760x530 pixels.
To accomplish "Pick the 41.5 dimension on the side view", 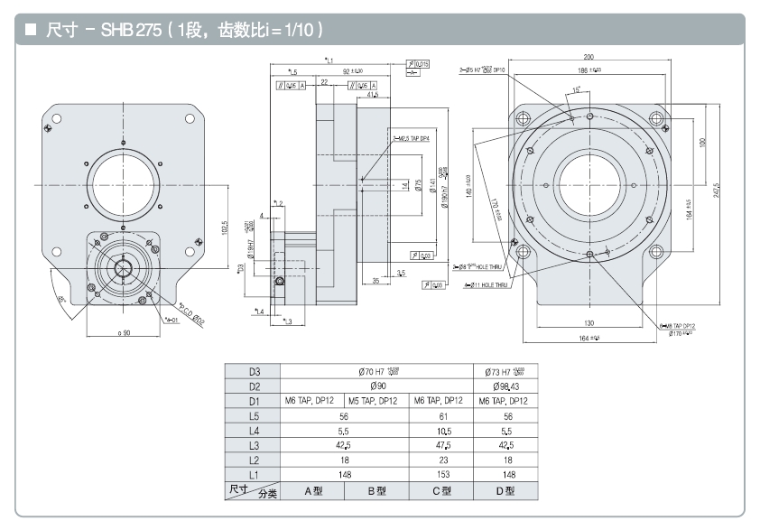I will pos(373,94).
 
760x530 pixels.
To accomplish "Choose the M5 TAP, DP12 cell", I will pos(377,400).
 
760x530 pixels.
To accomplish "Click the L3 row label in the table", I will pos(254,445).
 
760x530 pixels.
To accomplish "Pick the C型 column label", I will pos(441,491).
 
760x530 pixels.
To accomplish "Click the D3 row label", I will pos(254,370).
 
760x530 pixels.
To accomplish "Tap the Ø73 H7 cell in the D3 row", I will pos(509,370).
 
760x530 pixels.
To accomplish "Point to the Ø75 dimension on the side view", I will pos(419,185).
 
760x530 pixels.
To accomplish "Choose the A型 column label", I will pos(313,491).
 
